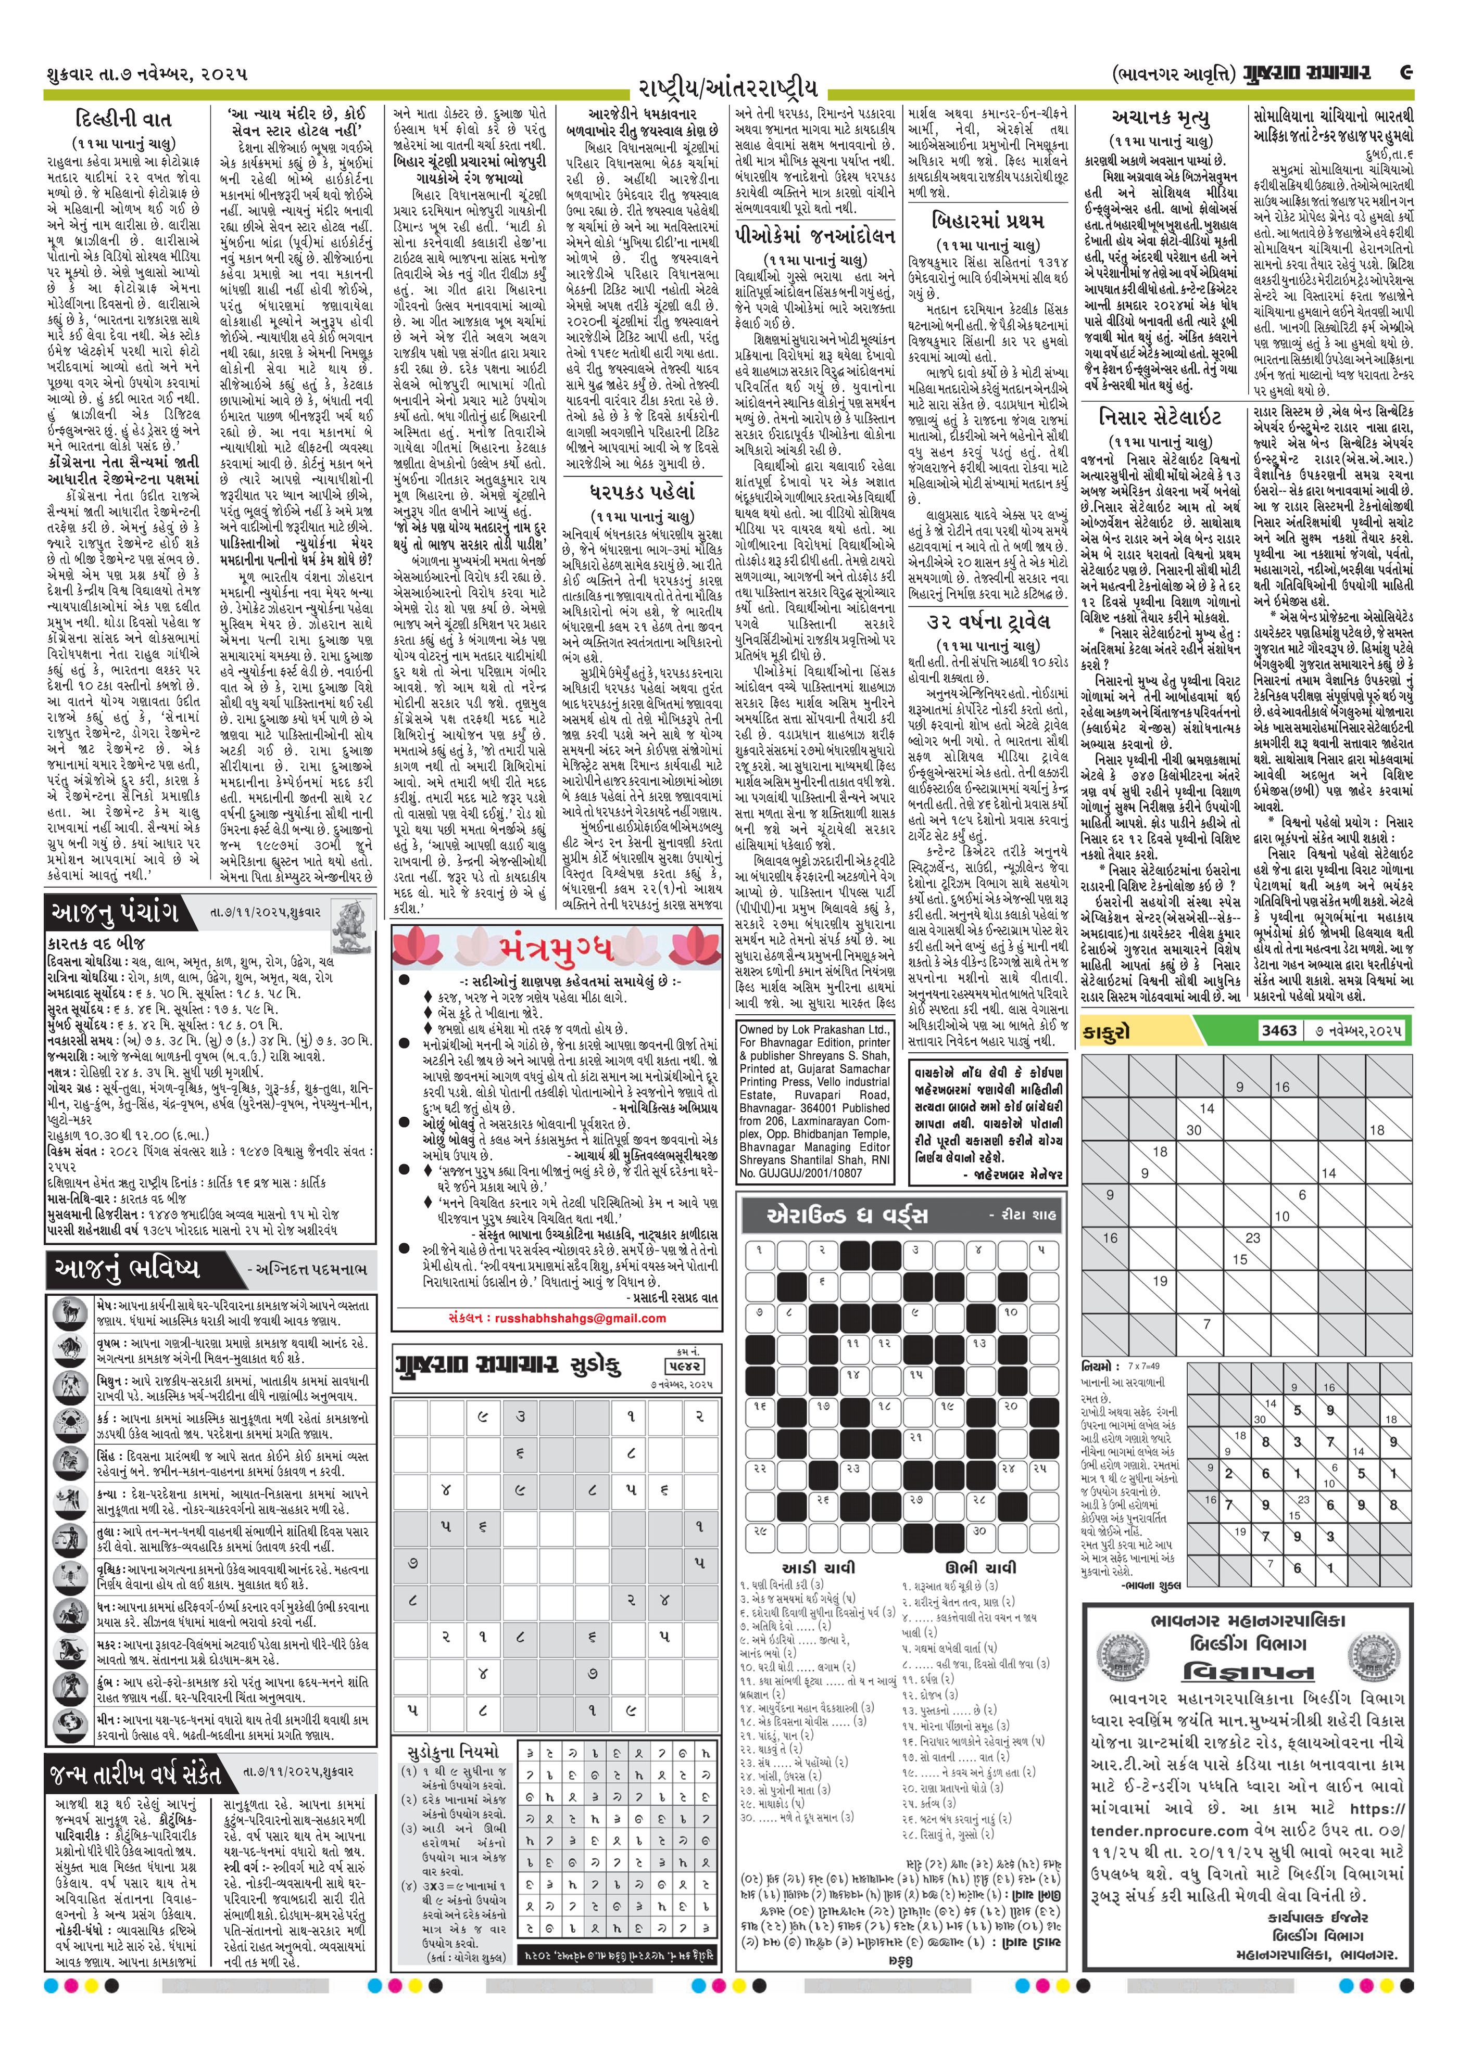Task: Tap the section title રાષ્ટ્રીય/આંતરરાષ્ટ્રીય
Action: coord(728,87)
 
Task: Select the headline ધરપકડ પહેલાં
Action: coord(642,493)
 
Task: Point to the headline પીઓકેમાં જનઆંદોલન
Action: coord(814,236)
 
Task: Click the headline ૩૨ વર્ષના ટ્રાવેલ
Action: coord(988,621)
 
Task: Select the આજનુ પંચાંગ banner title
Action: coord(112,912)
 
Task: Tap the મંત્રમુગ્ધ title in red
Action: coord(556,949)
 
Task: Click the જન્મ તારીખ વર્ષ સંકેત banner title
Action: coord(135,1775)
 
